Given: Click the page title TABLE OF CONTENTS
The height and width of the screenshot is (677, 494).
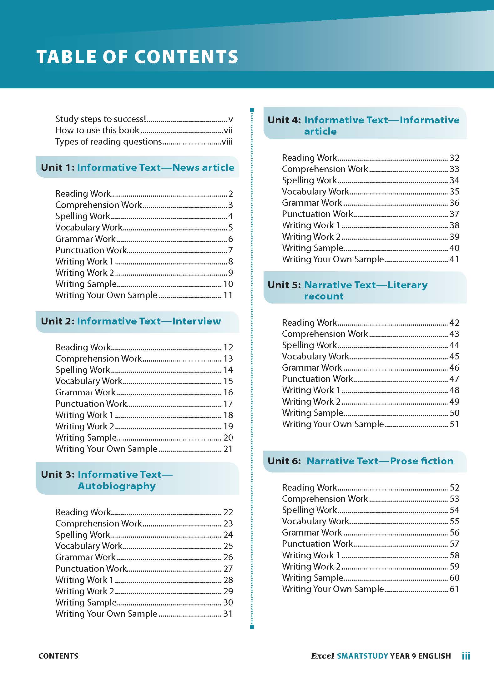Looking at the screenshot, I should coord(137,57).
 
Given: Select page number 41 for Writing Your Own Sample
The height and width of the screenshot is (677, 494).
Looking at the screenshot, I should coord(454,259).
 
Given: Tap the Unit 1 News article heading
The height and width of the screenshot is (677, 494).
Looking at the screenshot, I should coord(137,167).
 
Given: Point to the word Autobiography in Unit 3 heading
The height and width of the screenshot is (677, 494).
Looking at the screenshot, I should coord(117,486).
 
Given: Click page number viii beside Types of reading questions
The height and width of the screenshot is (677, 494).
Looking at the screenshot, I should coord(227,142).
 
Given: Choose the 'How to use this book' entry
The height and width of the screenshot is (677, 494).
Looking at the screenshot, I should coord(97,130).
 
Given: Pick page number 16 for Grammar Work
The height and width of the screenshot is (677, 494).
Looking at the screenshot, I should coord(228,392).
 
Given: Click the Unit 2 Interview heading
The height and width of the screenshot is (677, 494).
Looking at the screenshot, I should coord(131,321).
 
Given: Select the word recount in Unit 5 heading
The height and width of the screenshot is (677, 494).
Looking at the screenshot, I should coord(324,296).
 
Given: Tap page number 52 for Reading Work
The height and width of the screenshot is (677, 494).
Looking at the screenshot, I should coord(454,487).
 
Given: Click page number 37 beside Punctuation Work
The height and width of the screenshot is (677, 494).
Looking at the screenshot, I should coord(454,214).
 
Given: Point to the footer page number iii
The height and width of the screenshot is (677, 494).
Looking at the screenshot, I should coord(466,656).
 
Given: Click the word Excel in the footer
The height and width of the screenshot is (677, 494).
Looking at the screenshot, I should coord(322,656).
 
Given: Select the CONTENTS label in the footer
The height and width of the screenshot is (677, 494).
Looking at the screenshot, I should coord(58,656).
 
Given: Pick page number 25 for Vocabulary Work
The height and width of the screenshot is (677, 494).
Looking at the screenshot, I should coord(228,546).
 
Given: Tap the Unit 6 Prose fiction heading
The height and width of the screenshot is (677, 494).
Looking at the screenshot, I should coord(360,461).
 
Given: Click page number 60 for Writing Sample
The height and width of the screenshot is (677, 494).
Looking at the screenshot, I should coord(454,578).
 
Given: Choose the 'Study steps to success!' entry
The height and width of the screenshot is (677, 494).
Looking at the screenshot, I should coord(101,119).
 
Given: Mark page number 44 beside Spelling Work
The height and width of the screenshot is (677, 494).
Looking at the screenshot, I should coord(454,345).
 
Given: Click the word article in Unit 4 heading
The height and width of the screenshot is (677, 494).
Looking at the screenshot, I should coord(320,131).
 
